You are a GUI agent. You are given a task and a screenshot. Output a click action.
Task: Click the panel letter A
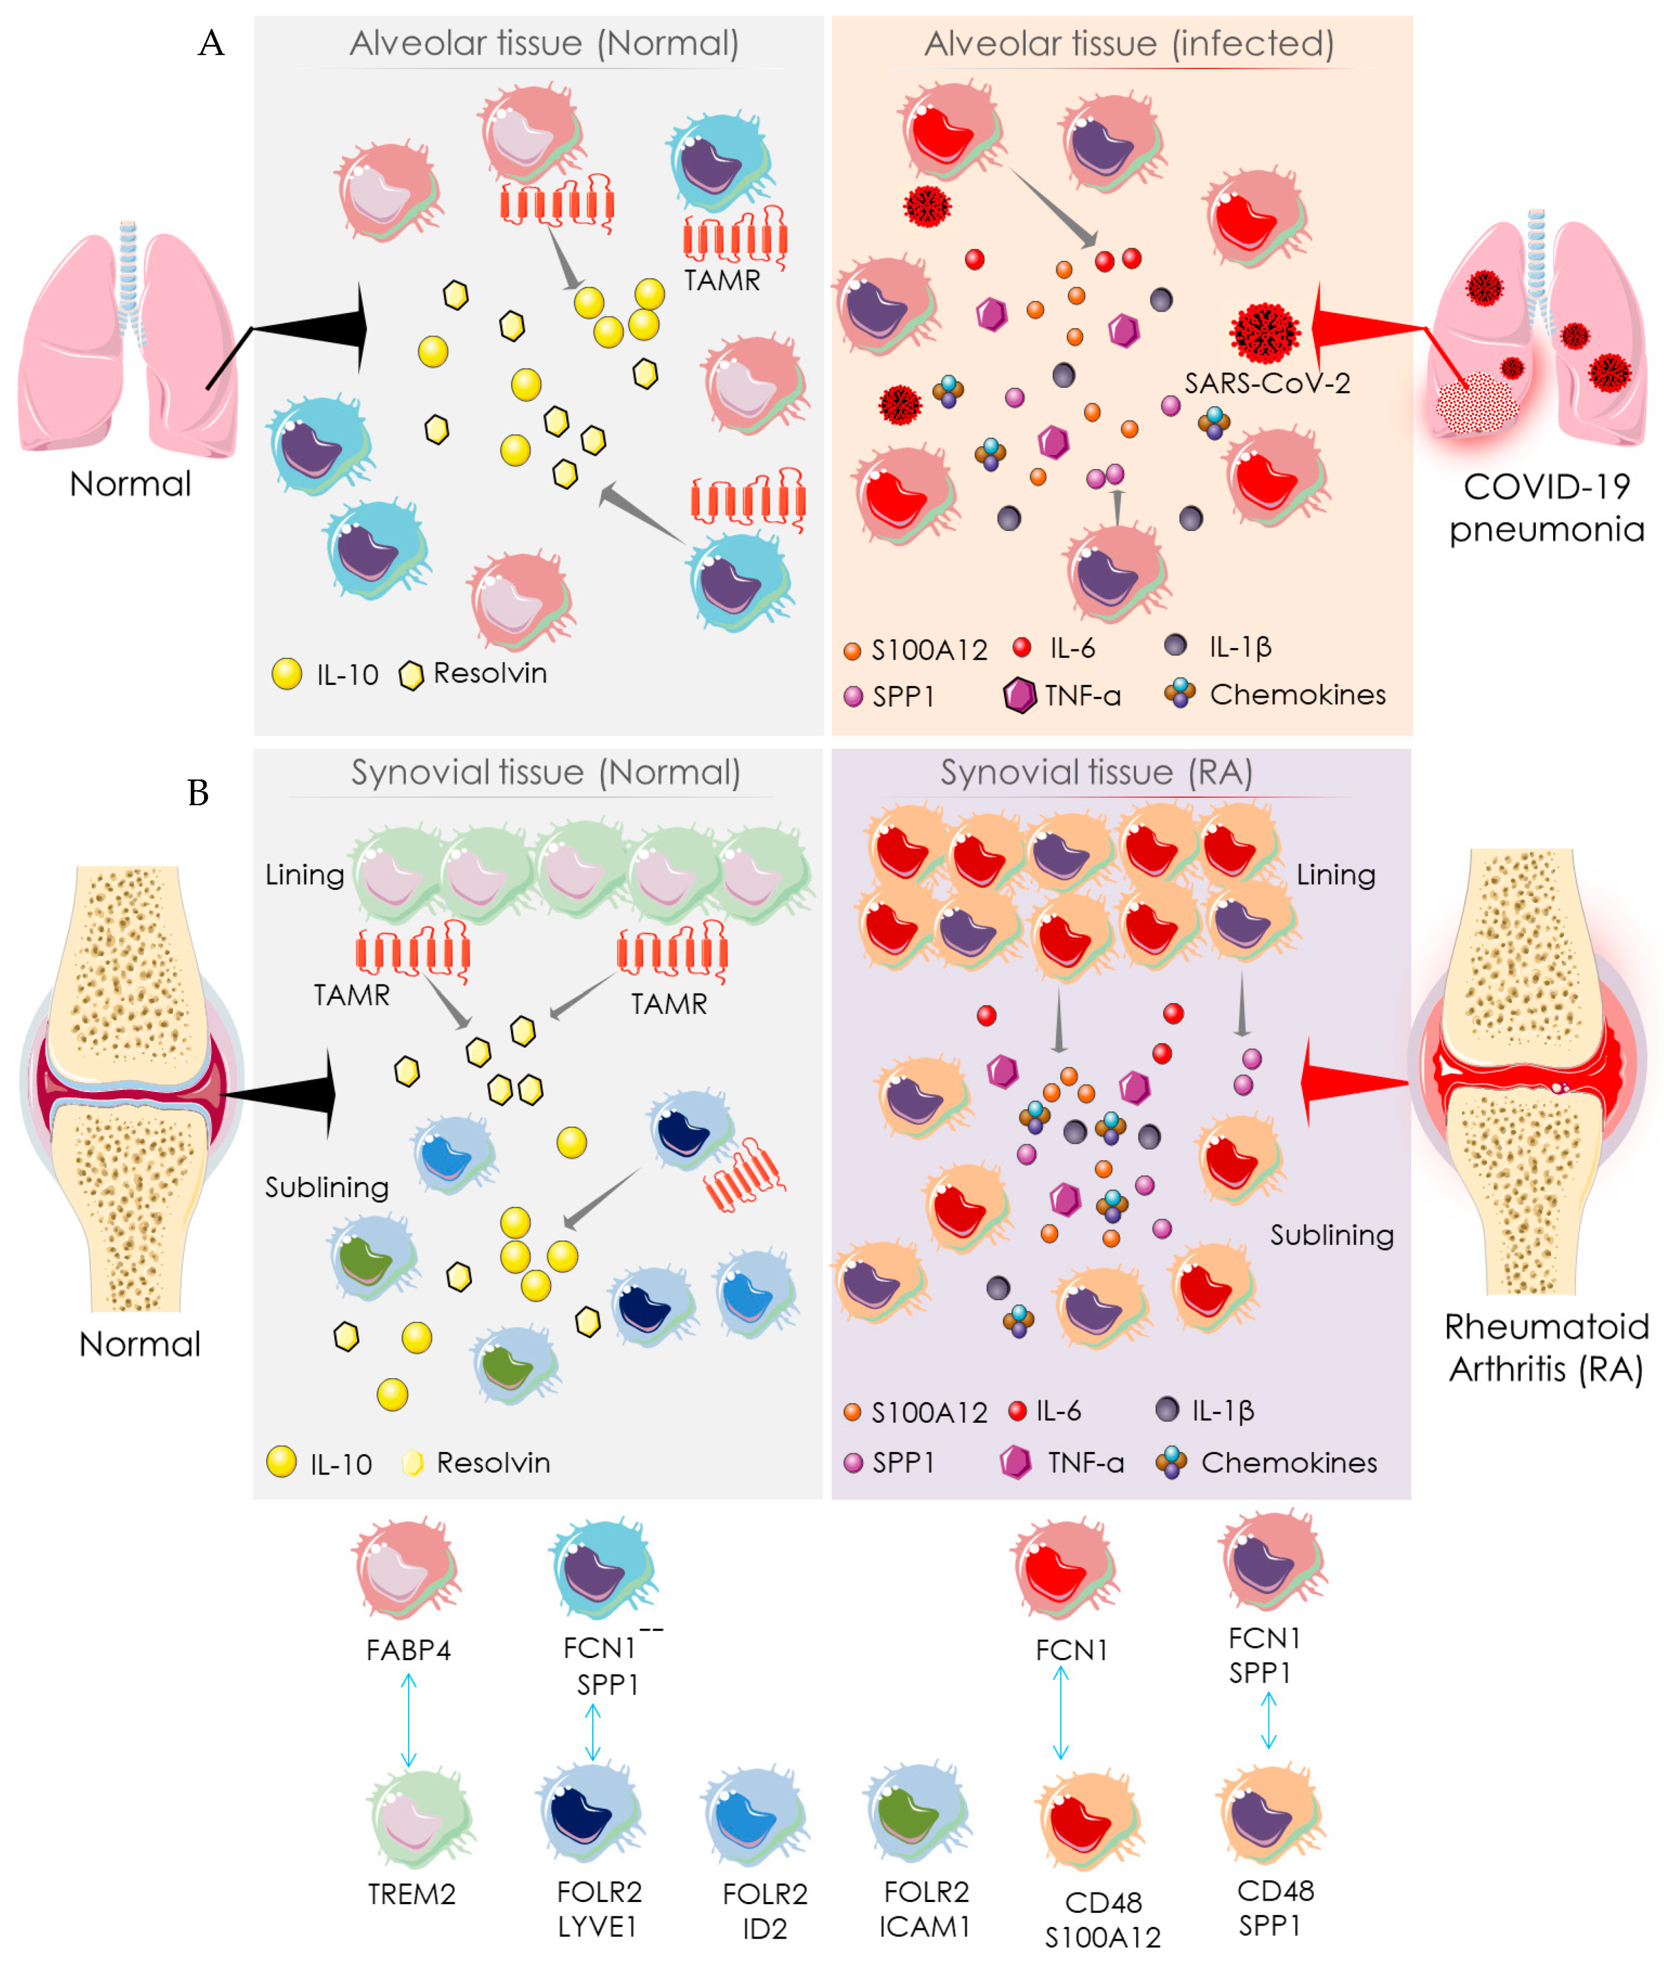211,43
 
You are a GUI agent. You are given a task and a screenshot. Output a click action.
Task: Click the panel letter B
198,793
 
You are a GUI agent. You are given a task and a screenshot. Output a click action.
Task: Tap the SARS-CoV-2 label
1267,383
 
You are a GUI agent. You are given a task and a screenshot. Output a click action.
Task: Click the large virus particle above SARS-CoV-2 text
1264,332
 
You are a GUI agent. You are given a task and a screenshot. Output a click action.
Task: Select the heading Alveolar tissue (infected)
1128,43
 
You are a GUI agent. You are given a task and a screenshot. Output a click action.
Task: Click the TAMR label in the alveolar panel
721,280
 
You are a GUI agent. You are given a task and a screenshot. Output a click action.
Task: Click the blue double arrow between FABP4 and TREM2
409,1720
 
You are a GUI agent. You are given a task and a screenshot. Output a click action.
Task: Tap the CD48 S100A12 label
1103,1919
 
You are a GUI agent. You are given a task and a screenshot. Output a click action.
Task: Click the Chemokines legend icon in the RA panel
1172,1462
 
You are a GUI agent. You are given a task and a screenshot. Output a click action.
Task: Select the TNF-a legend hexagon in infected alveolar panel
1020,696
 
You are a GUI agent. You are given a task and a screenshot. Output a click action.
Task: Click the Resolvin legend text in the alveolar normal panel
490,673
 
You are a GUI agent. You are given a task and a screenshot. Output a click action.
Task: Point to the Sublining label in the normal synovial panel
327,1187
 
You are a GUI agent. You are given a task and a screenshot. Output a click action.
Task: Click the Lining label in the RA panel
1335,875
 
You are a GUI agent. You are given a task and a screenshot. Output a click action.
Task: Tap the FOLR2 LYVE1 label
599,1908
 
